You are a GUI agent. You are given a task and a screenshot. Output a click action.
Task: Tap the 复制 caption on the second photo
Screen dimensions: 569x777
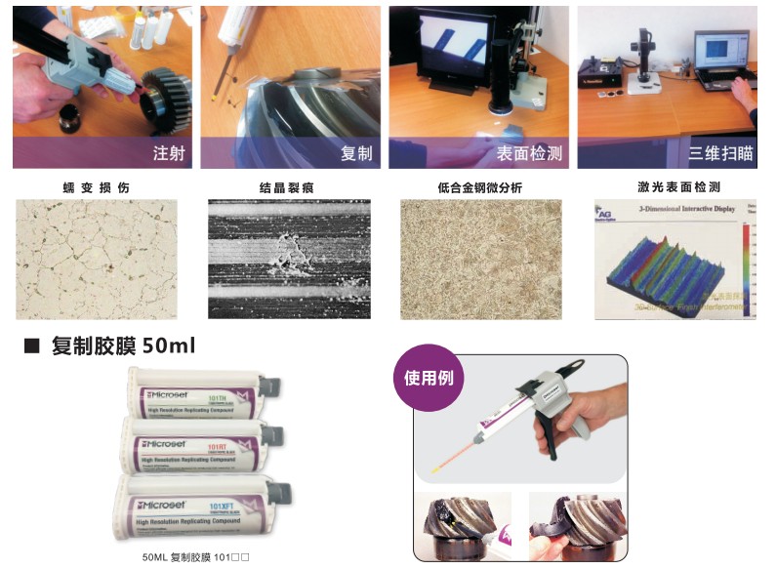pyautogui.click(x=356, y=153)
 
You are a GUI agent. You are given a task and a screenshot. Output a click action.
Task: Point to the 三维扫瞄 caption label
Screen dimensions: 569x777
pyautogui.click(x=720, y=153)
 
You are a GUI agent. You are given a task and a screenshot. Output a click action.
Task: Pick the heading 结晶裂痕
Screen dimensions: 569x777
pyautogui.click(x=287, y=186)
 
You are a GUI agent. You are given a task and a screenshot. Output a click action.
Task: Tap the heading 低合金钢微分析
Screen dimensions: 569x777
pyautogui.click(x=481, y=186)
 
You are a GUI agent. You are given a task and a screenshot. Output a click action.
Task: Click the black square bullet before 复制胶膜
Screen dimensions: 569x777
pyautogui.click(x=30, y=345)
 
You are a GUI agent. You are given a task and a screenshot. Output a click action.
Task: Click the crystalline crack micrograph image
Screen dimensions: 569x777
pyautogui.click(x=289, y=259)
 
